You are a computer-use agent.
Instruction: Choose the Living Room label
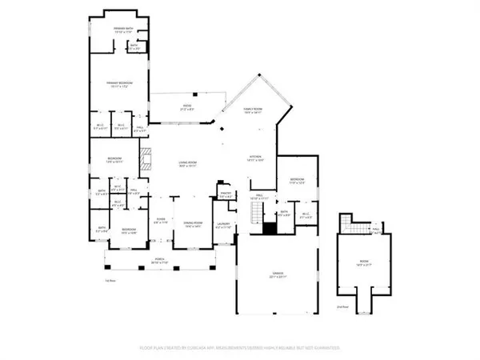click(x=187, y=164)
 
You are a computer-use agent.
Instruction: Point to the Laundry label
click(x=224, y=225)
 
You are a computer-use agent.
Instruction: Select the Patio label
click(x=187, y=106)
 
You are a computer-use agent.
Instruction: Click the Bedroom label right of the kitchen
click(x=297, y=180)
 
